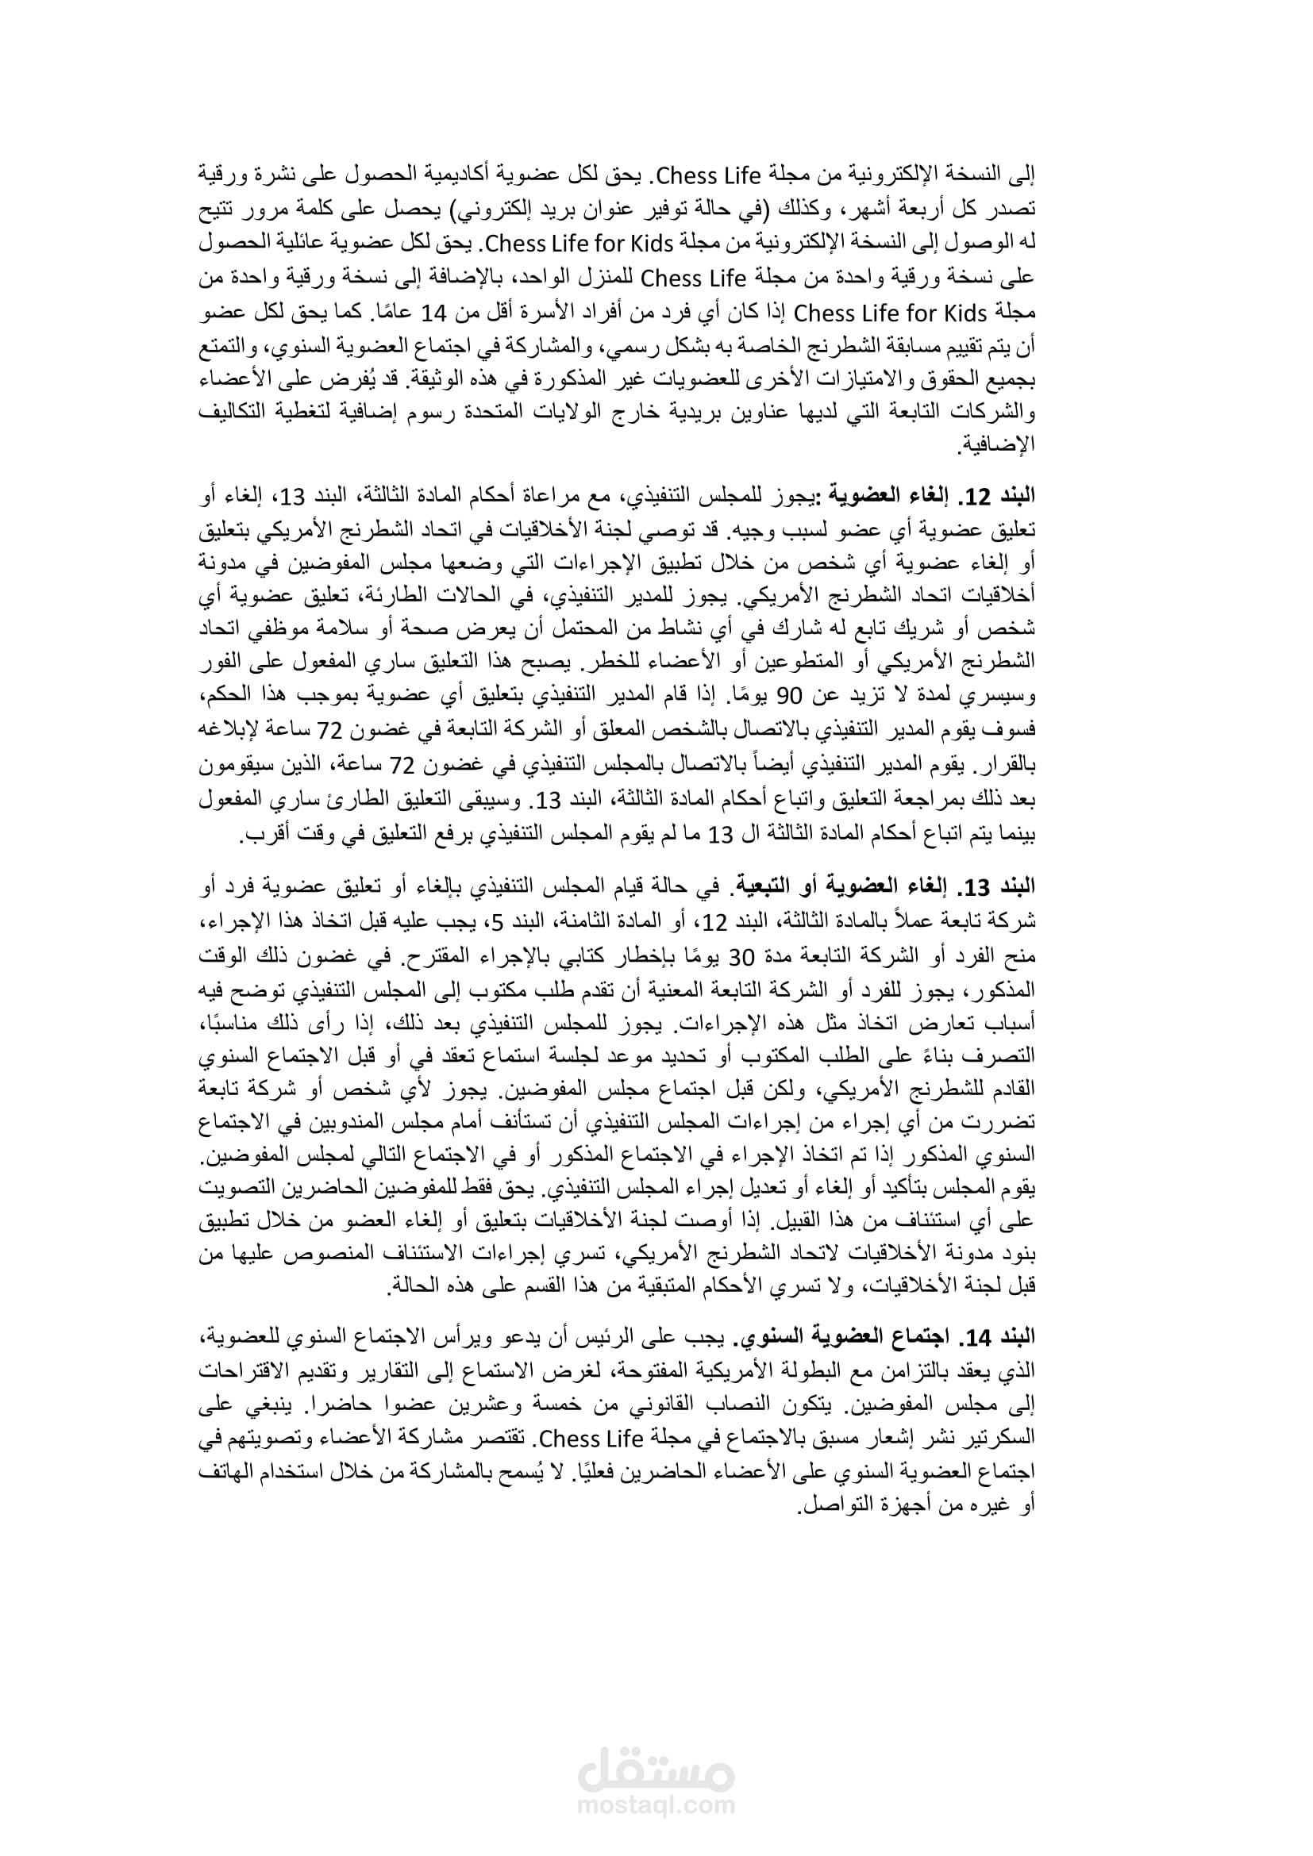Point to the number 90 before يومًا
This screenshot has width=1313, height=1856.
coord(789,695)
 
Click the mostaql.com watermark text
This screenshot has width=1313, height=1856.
coord(656,1804)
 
